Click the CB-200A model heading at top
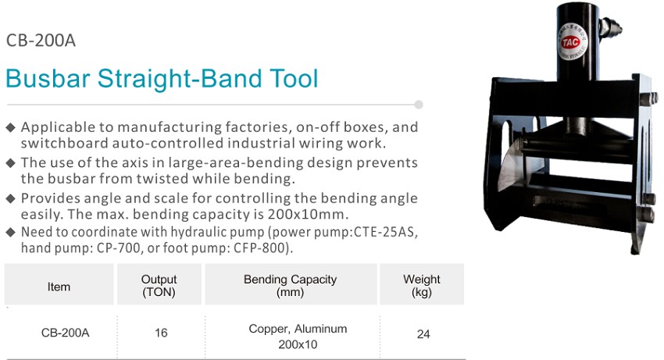41,41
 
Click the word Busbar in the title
48,78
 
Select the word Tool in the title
294,78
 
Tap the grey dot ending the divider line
419,105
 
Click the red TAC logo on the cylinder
571,41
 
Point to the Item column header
59,287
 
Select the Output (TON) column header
159,286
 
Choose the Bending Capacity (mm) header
290,286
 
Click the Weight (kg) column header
422,286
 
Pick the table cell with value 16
161,333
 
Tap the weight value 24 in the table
423,334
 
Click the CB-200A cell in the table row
65,333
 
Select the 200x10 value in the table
298,344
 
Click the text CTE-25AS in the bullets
386,232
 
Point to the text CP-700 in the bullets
119,248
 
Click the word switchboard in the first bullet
65,143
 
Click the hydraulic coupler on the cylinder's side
610,28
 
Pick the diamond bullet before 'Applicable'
11,127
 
